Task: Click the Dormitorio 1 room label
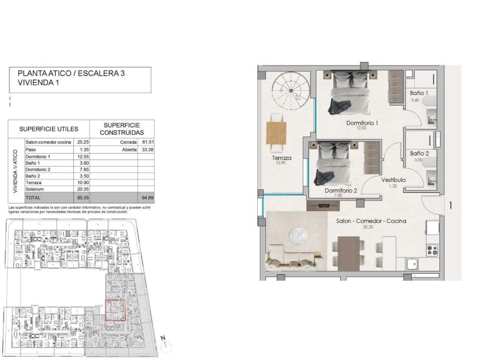point(361,123)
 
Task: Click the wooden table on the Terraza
point(277,131)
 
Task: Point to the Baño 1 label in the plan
point(419,94)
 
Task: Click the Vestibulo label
point(394,180)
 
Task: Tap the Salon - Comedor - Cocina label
point(371,222)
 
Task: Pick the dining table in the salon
point(348,253)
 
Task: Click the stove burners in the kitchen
point(434,249)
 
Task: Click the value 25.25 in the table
point(81,142)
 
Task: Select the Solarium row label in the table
point(35,189)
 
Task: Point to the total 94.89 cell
point(145,198)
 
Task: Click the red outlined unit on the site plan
point(115,310)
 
